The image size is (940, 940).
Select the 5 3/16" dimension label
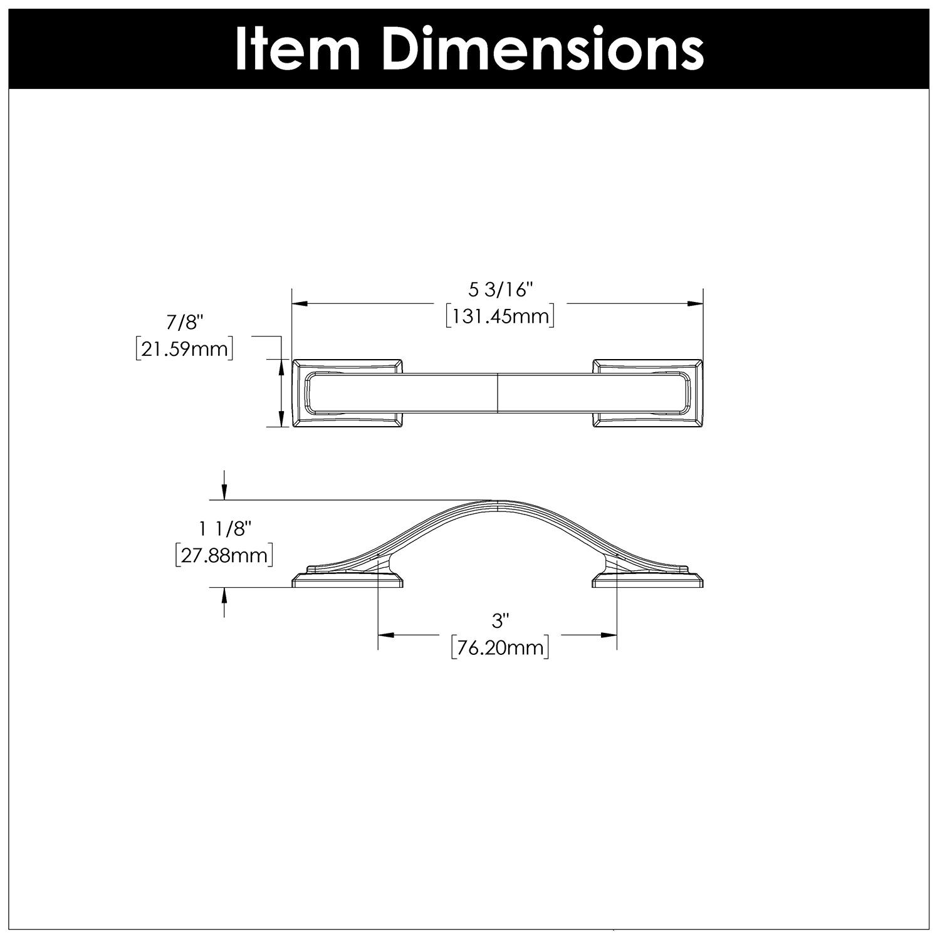[500, 290]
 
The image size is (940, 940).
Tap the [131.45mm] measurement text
[500, 316]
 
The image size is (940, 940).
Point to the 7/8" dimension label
[185, 323]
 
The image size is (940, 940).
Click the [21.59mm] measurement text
[185, 348]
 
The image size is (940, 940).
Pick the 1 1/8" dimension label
[224, 530]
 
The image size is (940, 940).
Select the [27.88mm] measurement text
[224, 556]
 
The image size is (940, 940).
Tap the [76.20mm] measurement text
[500, 647]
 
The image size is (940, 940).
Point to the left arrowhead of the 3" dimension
[386, 635]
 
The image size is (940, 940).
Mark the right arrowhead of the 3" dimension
[608, 635]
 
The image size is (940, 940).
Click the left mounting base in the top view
[348, 394]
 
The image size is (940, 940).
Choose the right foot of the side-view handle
[648, 579]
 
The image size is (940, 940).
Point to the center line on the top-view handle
[497, 394]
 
